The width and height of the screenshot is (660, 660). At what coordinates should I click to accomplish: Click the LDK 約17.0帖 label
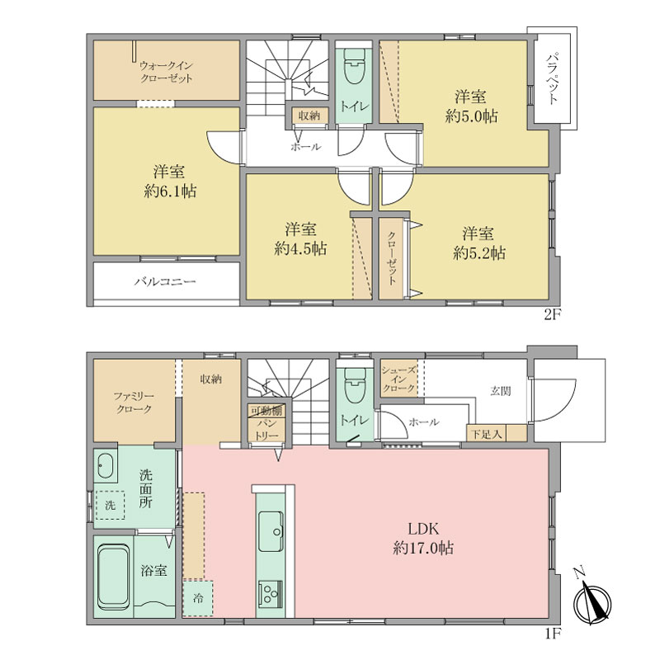pos(423,539)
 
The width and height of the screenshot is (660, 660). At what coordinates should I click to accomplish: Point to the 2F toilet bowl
pos(354,66)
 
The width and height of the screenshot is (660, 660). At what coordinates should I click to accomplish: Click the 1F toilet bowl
pos(355,385)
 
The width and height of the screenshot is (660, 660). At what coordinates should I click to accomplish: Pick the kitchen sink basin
pos(271,531)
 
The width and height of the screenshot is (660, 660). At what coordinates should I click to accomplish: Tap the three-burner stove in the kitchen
pos(271,594)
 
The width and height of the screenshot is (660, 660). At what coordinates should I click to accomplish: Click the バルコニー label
pos(165,281)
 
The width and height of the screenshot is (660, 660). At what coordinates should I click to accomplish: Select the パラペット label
pos(554,78)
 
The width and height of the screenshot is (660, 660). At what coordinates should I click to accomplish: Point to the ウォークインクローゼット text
pos(167,72)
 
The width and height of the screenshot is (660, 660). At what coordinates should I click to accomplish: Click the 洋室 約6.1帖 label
pos(170,181)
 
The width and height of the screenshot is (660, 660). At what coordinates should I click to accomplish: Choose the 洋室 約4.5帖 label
pos(300,239)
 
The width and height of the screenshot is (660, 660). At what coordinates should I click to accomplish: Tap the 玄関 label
pos(501,391)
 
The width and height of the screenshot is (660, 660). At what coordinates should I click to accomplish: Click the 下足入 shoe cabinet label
pos(486,434)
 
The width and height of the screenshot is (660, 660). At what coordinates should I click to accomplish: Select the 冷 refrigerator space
pos(198,599)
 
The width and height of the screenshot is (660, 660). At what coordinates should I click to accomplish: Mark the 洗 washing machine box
pos(110,505)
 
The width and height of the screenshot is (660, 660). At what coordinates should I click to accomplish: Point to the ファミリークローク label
pos(134,403)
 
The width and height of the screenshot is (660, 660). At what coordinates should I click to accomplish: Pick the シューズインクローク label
pos(398,379)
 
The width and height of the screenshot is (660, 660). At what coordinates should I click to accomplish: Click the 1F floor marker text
pos(553,634)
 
